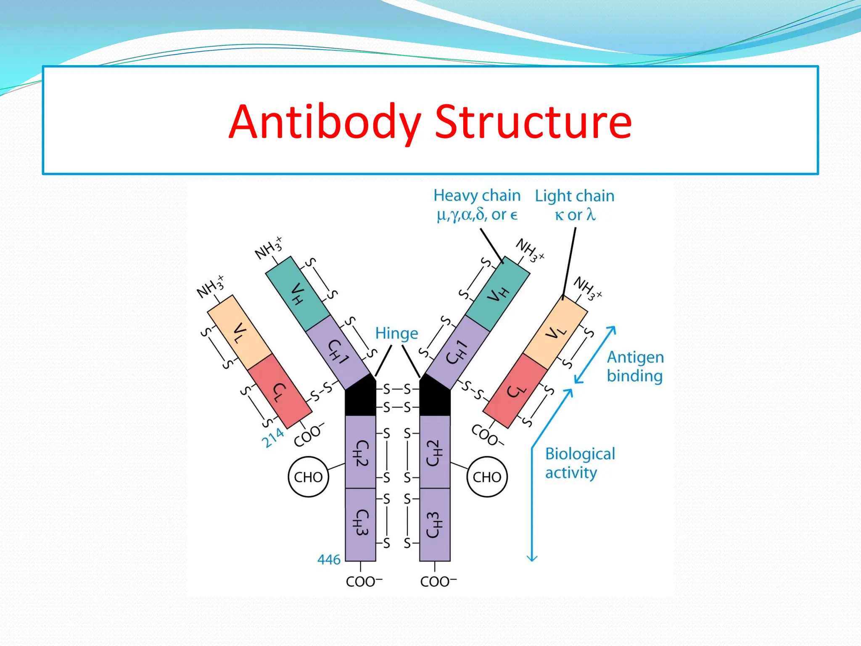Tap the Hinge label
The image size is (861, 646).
[396, 334]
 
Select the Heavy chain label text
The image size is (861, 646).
[477, 196]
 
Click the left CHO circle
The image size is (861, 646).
[308, 477]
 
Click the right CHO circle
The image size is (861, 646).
[487, 477]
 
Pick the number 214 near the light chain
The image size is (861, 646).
[272, 438]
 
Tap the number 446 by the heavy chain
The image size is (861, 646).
[329, 560]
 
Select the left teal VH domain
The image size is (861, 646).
[298, 294]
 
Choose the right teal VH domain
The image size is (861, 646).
[498, 294]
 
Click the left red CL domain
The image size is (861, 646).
[277, 391]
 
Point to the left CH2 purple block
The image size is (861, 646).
[360, 452]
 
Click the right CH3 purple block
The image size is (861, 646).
[435, 525]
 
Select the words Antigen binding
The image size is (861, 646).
[635, 366]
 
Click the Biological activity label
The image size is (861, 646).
[579, 463]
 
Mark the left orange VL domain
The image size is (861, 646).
[240, 332]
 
